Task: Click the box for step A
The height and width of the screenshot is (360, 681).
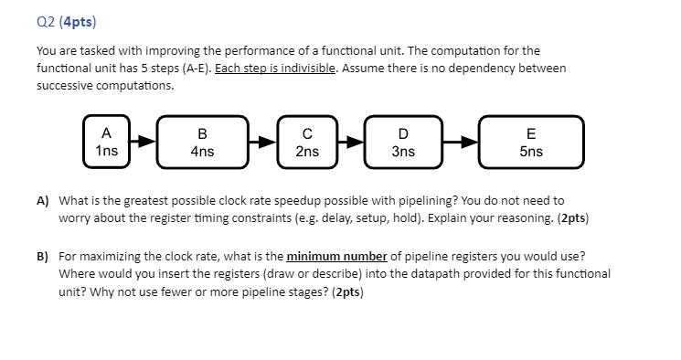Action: click(106, 141)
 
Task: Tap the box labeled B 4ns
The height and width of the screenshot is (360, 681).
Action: click(202, 142)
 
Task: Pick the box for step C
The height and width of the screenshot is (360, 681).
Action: click(307, 142)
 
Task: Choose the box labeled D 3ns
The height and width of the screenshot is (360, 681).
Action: click(403, 142)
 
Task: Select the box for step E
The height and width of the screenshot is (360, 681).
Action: click(531, 142)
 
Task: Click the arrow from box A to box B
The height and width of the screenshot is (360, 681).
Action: click(143, 142)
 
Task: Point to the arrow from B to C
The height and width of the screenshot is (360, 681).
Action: click(261, 142)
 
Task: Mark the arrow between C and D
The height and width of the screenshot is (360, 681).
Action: click(350, 142)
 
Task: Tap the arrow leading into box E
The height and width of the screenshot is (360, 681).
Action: click(461, 142)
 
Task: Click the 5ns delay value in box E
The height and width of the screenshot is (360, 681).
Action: click(531, 152)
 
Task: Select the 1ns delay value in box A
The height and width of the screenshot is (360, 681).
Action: click(106, 151)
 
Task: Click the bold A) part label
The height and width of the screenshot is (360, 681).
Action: click(43, 200)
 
